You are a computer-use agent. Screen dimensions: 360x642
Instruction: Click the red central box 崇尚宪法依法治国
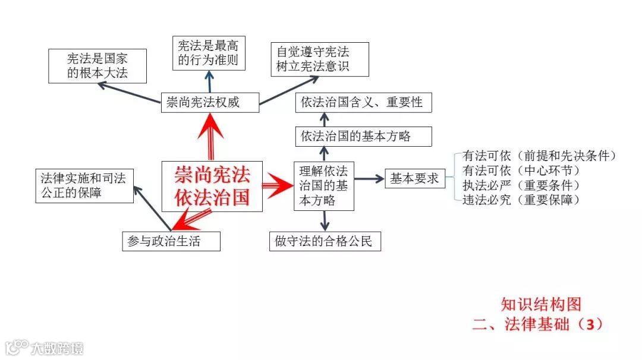click(x=212, y=186)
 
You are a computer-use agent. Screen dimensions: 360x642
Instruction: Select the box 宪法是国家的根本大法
click(x=97, y=66)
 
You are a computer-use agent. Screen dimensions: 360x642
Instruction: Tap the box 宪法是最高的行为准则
click(x=209, y=53)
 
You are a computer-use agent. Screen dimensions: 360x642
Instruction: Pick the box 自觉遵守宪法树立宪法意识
click(x=319, y=59)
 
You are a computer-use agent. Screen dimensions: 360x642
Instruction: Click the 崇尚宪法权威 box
click(x=210, y=102)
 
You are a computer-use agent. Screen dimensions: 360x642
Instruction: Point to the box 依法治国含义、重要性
click(x=363, y=102)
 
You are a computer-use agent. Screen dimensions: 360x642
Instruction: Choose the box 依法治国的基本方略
click(x=363, y=136)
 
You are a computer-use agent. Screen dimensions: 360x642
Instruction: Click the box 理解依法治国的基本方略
click(x=324, y=185)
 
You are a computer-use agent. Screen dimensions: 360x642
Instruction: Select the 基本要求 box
click(x=414, y=178)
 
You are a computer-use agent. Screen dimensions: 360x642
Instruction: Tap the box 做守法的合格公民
click(x=325, y=241)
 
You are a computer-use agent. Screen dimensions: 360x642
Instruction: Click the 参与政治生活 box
click(x=171, y=241)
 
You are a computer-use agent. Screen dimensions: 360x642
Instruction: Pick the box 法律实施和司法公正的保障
click(x=84, y=185)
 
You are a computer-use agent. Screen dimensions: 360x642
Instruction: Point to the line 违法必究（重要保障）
click(x=521, y=200)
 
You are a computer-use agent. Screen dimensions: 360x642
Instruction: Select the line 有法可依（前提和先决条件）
click(x=539, y=156)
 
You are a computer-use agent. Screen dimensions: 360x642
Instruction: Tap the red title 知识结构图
click(x=540, y=304)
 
